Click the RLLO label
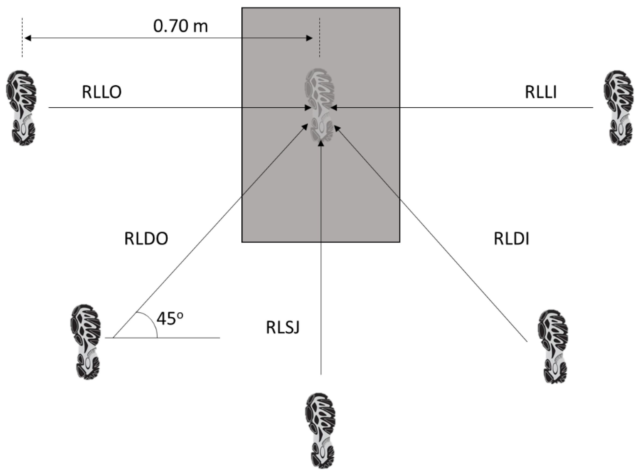point(102,92)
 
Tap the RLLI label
point(541,92)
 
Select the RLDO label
point(146,239)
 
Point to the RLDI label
point(511,239)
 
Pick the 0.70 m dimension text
point(180,26)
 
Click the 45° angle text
point(169,318)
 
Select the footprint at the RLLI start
point(619,107)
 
